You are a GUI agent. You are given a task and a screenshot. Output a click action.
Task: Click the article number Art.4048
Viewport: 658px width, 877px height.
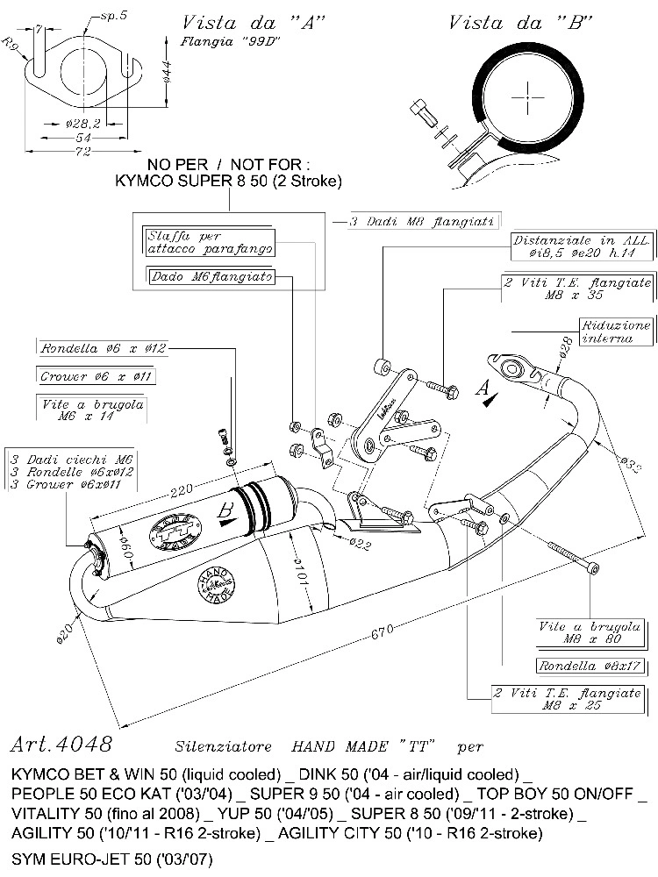pyautogui.click(x=61, y=745)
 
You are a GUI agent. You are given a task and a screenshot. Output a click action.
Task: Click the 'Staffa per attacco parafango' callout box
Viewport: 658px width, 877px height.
pyautogui.click(x=208, y=242)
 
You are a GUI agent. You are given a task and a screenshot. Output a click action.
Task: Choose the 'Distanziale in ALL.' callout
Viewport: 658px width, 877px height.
pyautogui.click(x=583, y=246)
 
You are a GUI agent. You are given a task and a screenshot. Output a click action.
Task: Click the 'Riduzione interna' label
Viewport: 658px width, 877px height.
pyautogui.click(x=617, y=332)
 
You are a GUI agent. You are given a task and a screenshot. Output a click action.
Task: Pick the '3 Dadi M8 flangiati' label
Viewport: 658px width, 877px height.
pyautogui.click(x=424, y=222)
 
